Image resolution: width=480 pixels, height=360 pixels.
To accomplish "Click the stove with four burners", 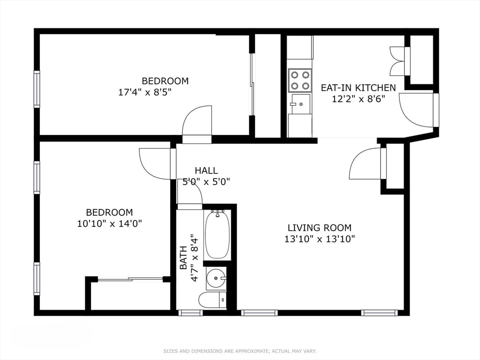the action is pos(300,81).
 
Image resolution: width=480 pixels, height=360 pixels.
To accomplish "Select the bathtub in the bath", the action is pos(217,235).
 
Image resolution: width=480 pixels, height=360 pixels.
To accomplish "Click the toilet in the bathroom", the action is pos(212,300).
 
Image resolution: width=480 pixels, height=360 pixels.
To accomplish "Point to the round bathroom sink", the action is pos(216,278).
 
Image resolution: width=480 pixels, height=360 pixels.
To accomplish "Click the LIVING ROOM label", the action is pos(320,228).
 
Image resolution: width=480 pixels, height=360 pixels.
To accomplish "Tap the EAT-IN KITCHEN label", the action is pos(358,88).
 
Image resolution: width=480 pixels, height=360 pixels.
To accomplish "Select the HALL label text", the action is pos(206,171).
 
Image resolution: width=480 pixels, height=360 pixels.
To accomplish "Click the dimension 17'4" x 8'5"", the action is pos(144,92).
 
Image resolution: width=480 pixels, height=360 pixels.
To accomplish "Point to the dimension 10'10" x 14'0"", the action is pos(110,224).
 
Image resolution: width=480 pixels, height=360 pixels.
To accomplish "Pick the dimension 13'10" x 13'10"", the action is pos(320,239).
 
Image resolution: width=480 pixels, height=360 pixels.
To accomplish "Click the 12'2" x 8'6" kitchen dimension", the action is pos(358,99).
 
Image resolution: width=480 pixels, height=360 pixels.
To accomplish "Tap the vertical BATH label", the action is pos(183,258).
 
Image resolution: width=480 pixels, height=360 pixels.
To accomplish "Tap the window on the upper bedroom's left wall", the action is pos(37,89).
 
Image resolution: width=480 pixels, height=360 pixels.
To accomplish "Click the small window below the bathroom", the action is pos(190,313).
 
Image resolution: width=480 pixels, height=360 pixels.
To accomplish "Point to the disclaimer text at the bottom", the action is pos(240,351).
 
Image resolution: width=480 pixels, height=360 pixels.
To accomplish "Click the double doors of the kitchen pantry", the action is pos(398,61).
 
